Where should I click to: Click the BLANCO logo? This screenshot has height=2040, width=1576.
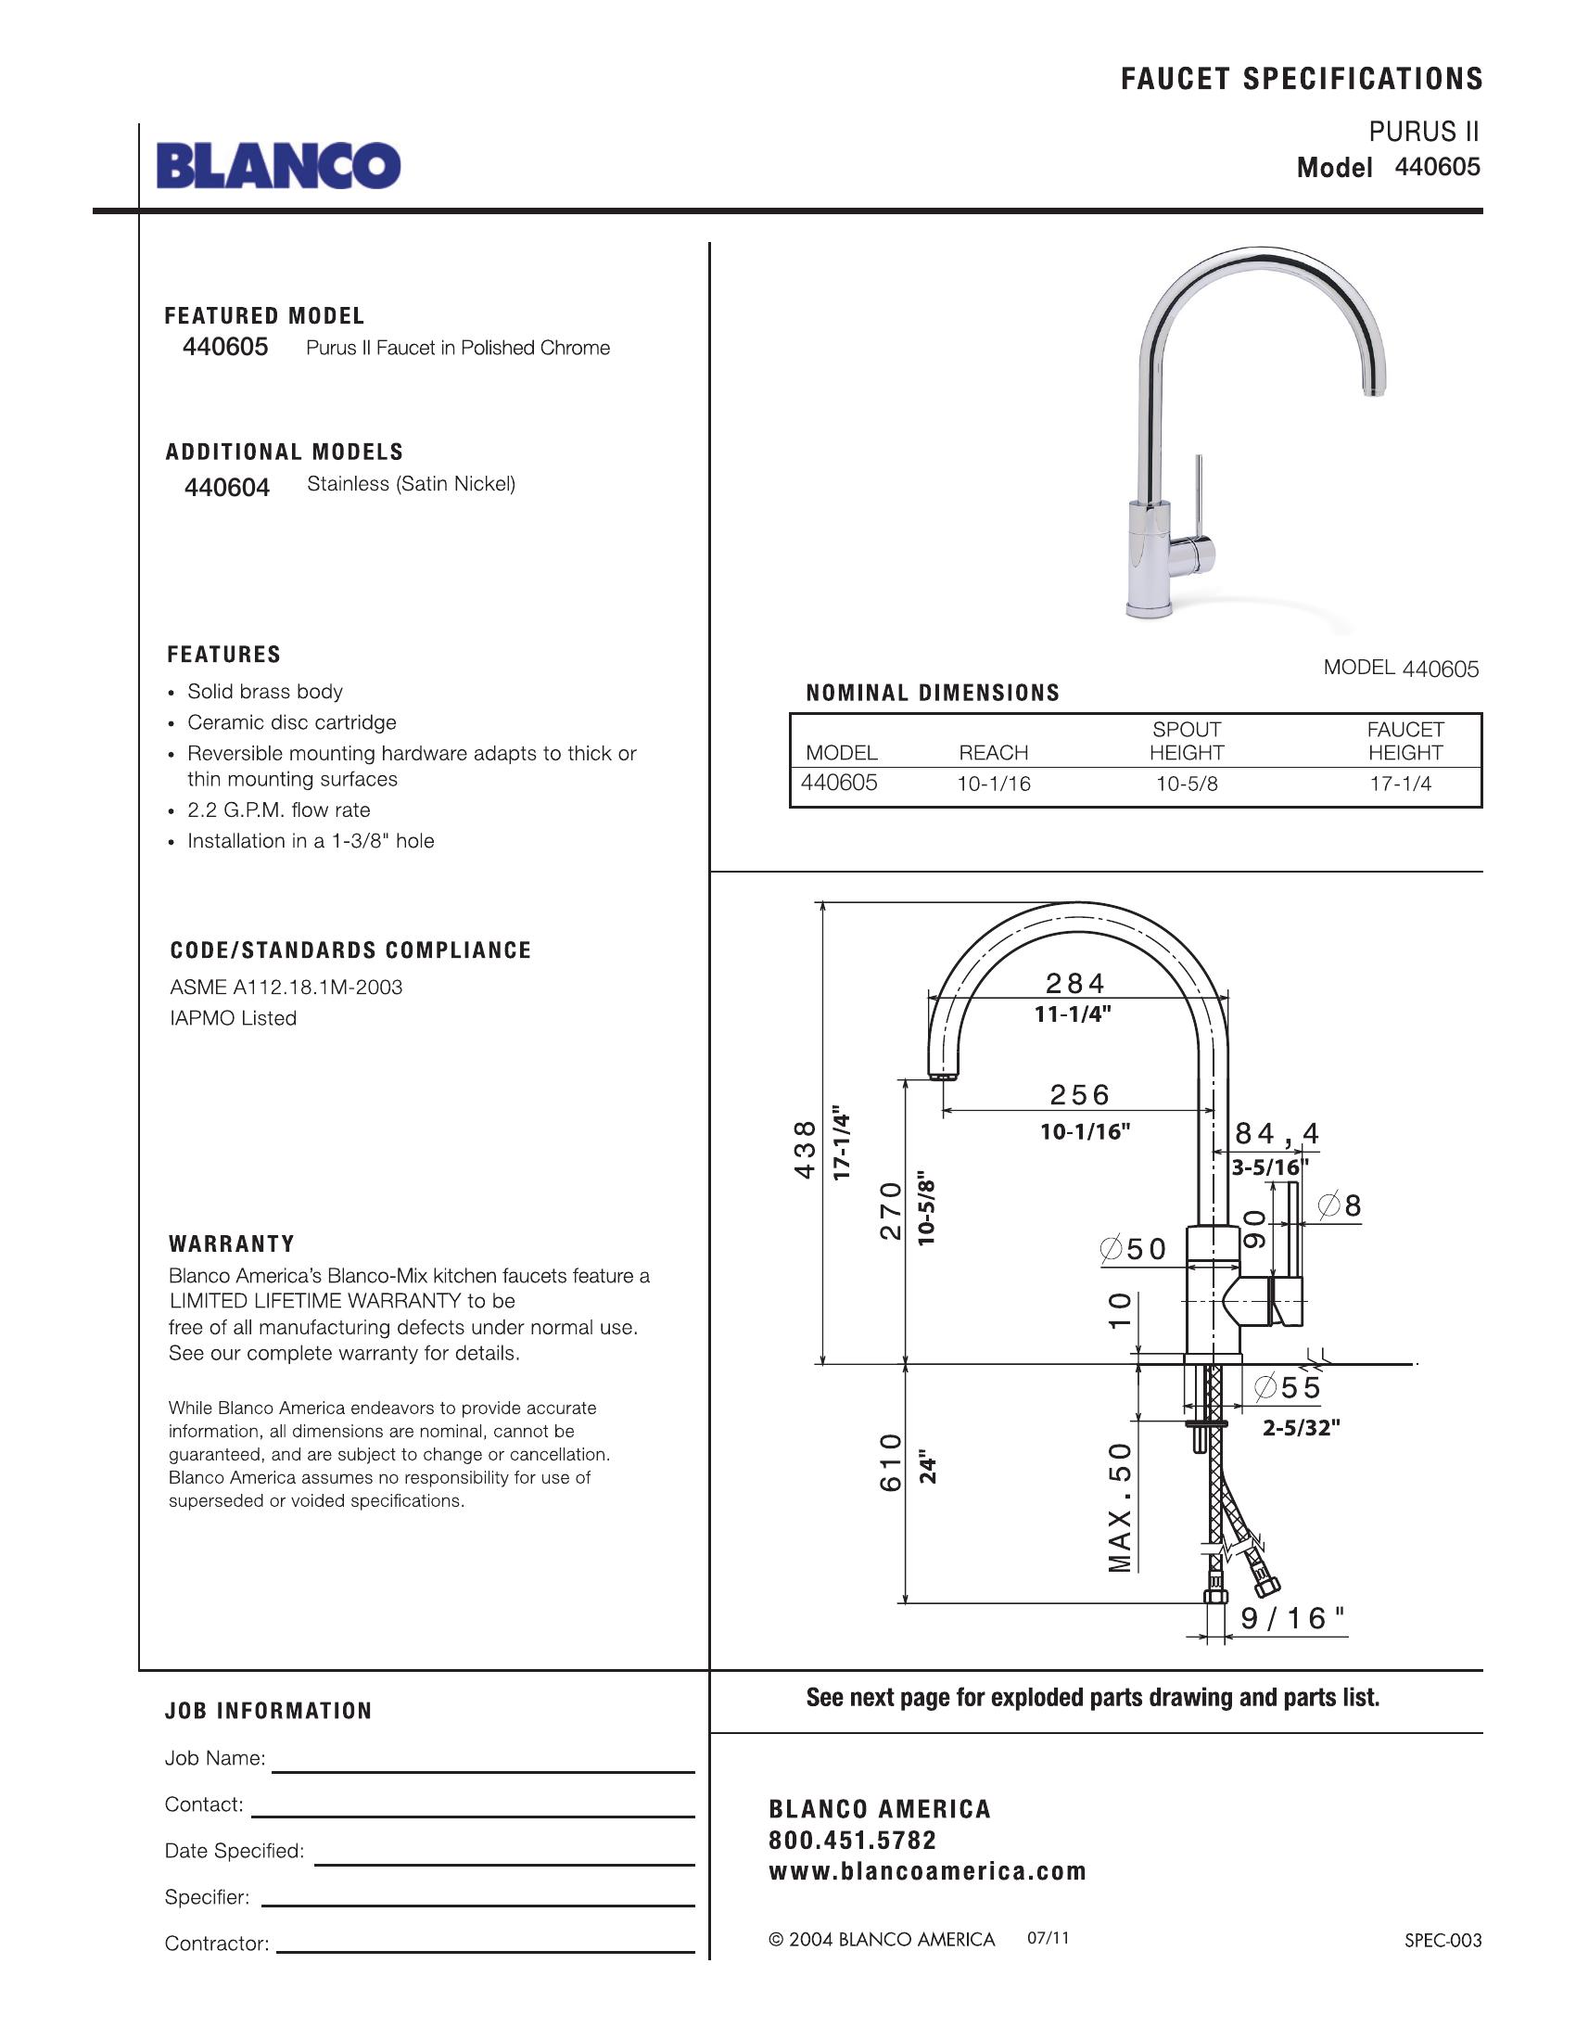click(x=278, y=166)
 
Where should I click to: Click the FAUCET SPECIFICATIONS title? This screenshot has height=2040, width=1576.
click(x=1302, y=80)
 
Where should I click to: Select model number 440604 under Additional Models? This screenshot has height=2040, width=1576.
click(x=227, y=488)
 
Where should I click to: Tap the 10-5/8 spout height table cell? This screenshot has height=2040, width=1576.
click(x=1187, y=784)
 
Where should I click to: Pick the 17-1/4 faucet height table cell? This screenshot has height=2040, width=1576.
click(x=1401, y=784)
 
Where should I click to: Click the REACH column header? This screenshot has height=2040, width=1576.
click(x=994, y=753)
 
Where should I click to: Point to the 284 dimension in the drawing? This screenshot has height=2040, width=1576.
click(x=1075, y=984)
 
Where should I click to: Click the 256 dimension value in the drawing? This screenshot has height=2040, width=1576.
click(x=1080, y=1095)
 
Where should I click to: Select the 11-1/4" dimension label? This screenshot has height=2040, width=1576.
click(x=1073, y=1014)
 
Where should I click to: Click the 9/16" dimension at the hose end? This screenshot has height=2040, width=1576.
click(x=1293, y=1619)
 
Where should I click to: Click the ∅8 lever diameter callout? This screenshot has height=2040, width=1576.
click(x=1340, y=1205)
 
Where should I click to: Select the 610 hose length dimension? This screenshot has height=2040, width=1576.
click(x=892, y=1462)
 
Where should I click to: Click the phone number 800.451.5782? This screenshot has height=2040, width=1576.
click(x=852, y=1840)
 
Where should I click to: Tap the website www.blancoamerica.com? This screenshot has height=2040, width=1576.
click(x=927, y=1871)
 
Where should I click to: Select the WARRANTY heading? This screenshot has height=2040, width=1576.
click(x=232, y=1244)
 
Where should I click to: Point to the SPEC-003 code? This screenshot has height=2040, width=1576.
click(x=1443, y=1941)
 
